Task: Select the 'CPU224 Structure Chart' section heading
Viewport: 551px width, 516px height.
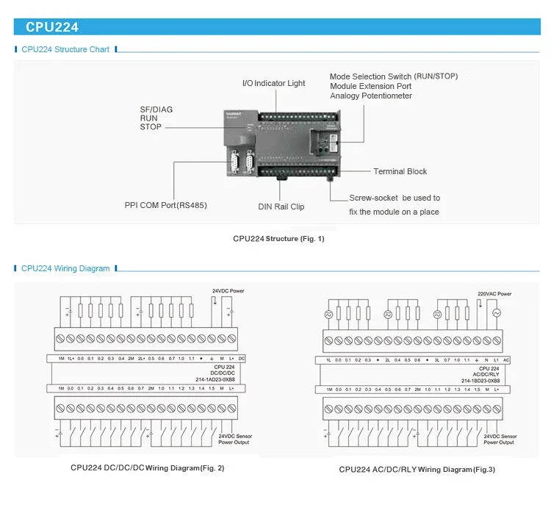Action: tap(65, 49)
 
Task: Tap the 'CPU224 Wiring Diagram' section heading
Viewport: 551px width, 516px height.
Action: tap(65, 268)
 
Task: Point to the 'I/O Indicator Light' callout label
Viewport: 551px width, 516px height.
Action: tap(273, 83)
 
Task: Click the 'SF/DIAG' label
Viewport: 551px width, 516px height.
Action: tap(156, 110)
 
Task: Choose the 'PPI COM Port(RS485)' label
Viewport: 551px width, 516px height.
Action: tap(165, 205)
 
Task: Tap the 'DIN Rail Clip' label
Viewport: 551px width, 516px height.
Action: tap(281, 207)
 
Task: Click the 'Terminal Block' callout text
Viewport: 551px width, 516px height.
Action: tap(400, 171)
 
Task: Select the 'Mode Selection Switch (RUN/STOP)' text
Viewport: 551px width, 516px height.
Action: tap(393, 76)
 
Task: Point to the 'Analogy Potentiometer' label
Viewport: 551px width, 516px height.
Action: tap(371, 96)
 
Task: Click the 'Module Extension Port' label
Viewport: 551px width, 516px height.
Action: tap(370, 86)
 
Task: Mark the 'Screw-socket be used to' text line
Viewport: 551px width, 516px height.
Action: tap(395, 198)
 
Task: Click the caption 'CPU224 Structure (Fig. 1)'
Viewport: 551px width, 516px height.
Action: tap(278, 238)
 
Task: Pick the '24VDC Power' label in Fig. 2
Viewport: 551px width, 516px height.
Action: tap(228, 291)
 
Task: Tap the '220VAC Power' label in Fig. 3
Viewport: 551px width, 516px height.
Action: tap(494, 293)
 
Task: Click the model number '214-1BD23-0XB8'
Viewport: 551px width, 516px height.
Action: tap(481, 381)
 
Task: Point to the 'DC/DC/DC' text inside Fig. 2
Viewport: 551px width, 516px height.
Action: tap(224, 373)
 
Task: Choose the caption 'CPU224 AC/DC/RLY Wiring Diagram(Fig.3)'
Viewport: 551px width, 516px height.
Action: tap(417, 469)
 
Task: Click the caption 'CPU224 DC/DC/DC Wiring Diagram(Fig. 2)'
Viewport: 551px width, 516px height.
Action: tap(147, 467)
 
